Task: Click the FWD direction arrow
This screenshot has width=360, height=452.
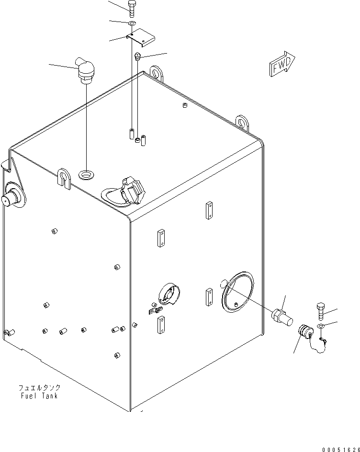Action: (282, 64)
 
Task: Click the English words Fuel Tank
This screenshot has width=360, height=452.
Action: (39, 395)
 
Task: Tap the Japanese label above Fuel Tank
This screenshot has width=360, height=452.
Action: (39, 387)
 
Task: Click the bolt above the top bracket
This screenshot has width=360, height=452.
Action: (132, 9)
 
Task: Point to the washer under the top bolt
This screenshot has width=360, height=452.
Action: (132, 23)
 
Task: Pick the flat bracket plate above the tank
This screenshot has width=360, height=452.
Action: (141, 37)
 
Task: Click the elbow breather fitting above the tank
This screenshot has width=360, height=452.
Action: (85, 70)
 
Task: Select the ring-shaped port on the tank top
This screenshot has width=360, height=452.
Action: (86, 175)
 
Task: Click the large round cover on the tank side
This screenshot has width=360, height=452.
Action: (238, 292)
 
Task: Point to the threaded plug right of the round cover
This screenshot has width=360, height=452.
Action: (282, 317)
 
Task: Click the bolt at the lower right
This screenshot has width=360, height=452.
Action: (321, 311)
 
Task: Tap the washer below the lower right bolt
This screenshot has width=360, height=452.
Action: (321, 326)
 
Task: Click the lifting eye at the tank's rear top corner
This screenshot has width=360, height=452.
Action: (157, 74)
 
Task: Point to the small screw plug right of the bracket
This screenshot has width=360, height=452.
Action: (137, 56)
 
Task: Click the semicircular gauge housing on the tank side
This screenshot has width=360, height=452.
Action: (169, 294)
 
